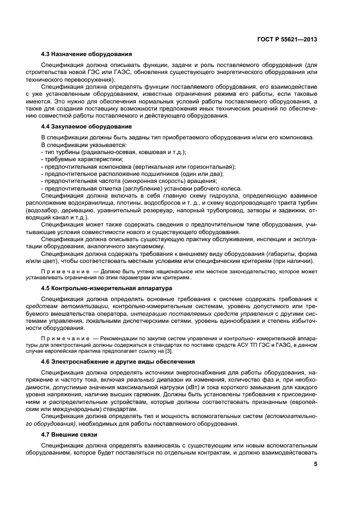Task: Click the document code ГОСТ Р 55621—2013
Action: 287,39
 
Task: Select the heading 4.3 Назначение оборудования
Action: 86,54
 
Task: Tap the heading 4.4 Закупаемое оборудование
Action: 86,126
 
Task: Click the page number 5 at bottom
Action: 315,464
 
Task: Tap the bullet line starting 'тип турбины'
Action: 113,152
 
